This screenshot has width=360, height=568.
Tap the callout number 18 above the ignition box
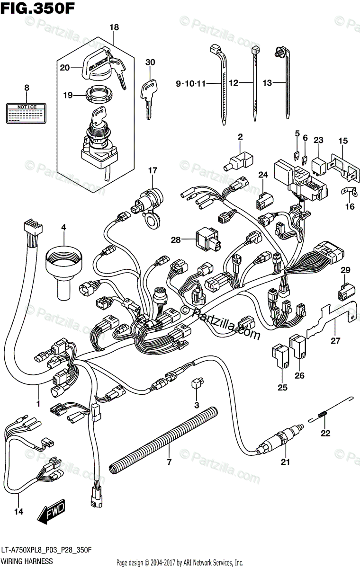tap(114, 28)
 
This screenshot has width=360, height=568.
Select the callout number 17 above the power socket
tap(152, 170)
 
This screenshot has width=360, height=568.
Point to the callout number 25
tap(283, 388)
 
